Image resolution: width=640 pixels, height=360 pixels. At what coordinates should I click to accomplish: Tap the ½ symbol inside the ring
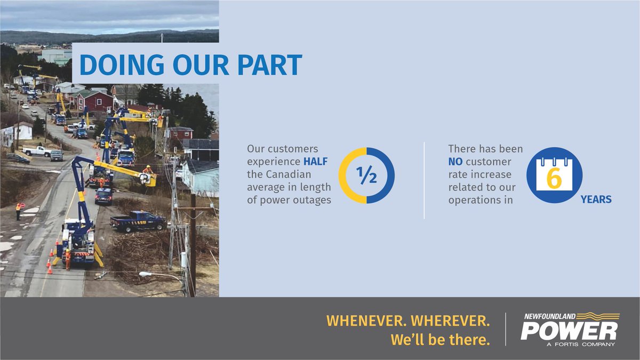point(366,175)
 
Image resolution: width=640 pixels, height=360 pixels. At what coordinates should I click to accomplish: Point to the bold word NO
point(457,161)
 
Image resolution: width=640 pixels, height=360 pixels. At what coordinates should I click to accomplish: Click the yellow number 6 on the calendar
point(554,179)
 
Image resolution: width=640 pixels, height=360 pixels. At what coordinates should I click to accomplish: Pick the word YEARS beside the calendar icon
point(596,199)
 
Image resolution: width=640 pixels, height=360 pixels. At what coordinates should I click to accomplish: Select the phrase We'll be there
point(440,340)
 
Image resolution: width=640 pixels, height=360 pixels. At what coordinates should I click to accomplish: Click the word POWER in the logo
point(569,331)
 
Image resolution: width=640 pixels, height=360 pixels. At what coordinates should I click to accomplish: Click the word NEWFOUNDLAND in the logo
point(550,316)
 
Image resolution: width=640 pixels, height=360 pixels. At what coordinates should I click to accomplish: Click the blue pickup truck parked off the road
point(138,221)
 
